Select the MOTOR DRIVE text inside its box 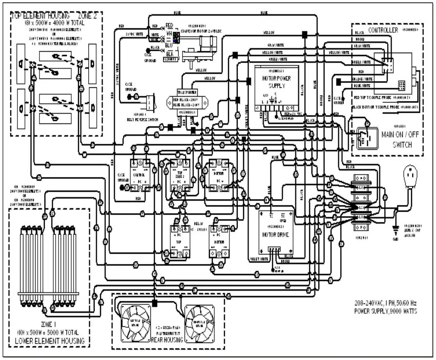click(x=276, y=234)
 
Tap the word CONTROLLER click(x=384, y=30)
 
